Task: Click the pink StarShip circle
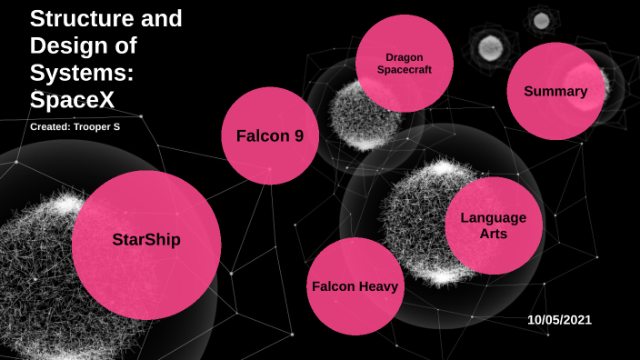point(146,244)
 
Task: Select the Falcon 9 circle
point(269,136)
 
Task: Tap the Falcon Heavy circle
point(355,286)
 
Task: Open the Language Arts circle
point(494,225)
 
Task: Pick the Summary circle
point(555,91)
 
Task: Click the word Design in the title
point(65,43)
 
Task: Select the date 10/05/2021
point(559,319)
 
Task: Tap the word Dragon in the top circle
point(404,56)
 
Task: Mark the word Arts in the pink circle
point(494,234)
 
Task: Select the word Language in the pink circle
point(494,217)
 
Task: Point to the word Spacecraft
point(404,69)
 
